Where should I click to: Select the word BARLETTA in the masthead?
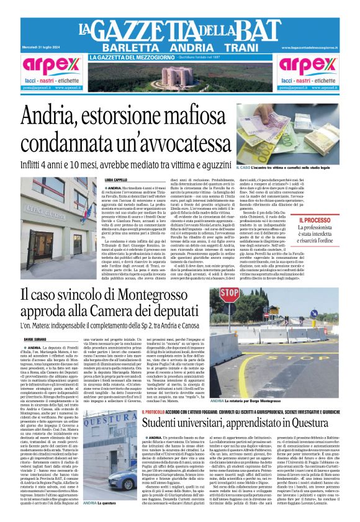pos(127,48)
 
